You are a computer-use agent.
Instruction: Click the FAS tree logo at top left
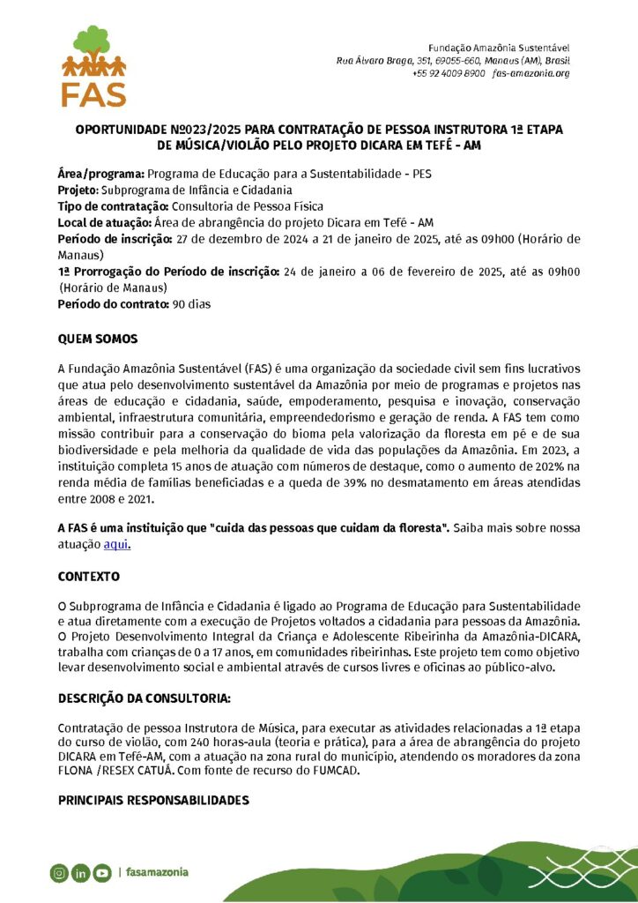tap(93, 65)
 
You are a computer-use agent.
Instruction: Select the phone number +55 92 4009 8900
tap(449, 73)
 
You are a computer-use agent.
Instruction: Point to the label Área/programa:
tap(95, 174)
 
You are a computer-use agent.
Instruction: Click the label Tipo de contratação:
tap(108, 205)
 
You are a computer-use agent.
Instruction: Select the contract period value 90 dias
tap(191, 304)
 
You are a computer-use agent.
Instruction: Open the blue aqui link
tap(116, 544)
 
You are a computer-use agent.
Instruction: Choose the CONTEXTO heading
tap(88, 576)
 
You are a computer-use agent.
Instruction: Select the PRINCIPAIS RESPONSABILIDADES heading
tap(153, 801)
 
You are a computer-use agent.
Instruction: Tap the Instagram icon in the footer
tap(58, 873)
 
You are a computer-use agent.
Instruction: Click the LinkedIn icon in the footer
tap(80, 873)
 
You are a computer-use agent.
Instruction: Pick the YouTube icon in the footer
tap(102, 873)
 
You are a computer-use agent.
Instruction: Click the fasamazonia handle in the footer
tap(157, 873)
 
